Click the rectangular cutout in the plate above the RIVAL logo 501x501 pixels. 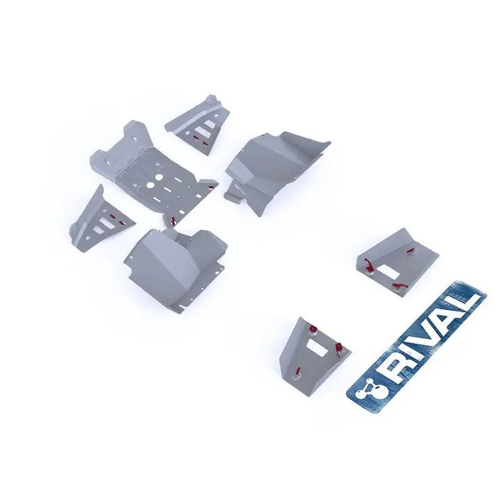pos(388,272)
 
